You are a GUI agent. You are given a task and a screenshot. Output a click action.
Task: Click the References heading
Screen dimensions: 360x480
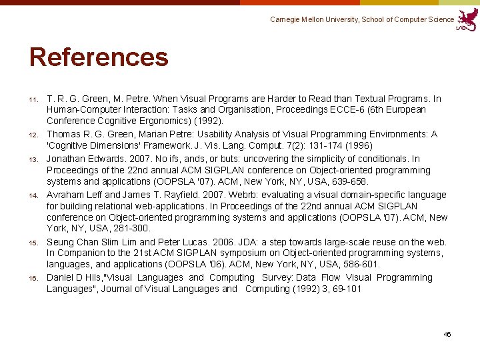pyautogui.click(x=99, y=57)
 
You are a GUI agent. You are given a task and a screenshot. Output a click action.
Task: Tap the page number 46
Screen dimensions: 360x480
pyautogui.click(x=447, y=334)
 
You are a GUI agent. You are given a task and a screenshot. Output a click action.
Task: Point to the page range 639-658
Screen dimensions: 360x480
pyautogui.click(x=349, y=181)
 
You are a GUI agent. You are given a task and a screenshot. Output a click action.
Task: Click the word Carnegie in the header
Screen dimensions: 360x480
pyautogui.click(x=286, y=20)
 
